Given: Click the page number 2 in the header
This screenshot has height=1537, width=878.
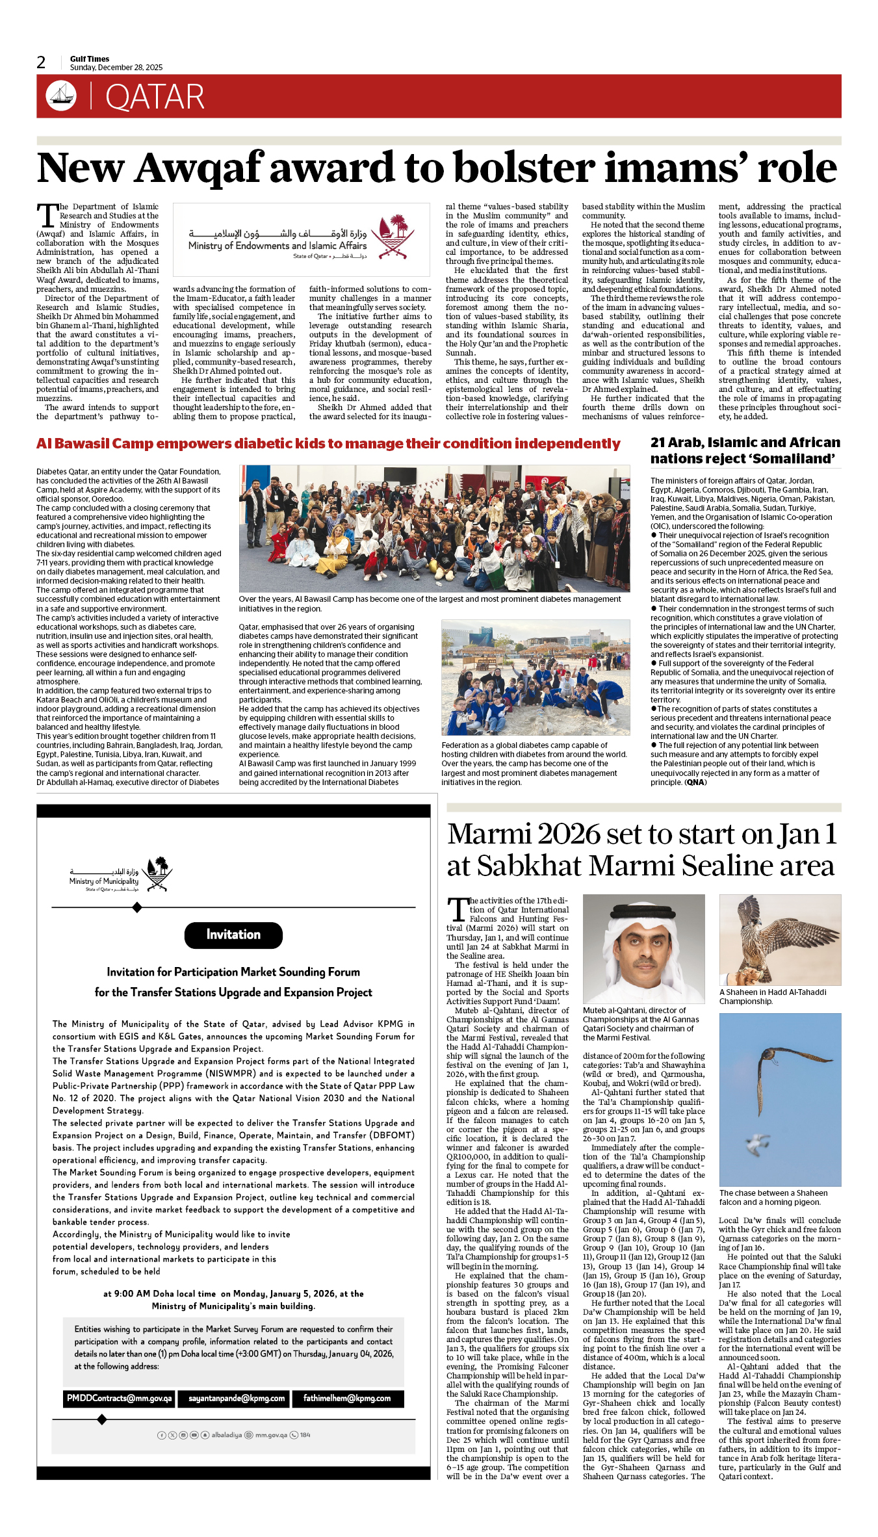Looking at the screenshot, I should [x=41, y=62].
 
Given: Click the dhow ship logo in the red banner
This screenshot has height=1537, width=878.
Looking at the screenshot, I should [x=61, y=96].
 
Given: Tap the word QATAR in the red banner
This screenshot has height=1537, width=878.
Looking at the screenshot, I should [x=155, y=97].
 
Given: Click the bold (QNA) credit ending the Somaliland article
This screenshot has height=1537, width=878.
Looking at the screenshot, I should [x=695, y=782].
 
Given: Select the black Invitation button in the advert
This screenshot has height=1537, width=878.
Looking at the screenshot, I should [x=233, y=935].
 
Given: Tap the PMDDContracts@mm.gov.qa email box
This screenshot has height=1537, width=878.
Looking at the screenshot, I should [x=120, y=1398].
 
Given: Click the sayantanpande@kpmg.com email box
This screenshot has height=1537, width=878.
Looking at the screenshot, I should [x=237, y=1398].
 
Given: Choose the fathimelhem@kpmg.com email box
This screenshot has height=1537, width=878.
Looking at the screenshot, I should [x=347, y=1398].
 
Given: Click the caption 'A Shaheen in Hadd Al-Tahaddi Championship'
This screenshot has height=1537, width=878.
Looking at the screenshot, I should [x=773, y=996].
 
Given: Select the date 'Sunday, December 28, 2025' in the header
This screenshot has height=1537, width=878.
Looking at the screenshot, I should [x=116, y=68].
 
